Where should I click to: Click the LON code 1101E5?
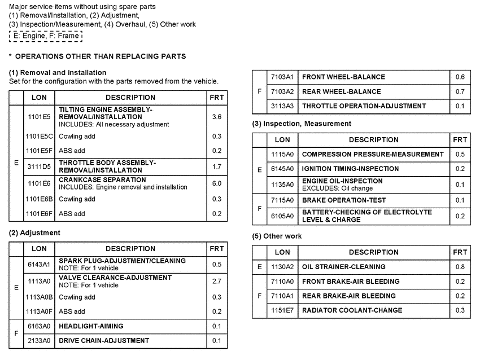[x=39, y=117]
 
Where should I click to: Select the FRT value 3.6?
[x=216, y=117]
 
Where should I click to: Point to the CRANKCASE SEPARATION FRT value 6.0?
[x=216, y=183]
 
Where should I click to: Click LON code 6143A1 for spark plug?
[x=39, y=264]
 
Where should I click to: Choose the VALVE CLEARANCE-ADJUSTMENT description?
[x=115, y=278]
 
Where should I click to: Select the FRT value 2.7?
[x=216, y=281]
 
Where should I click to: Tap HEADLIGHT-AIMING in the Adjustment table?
[x=91, y=326]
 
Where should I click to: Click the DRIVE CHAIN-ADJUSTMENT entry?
[x=104, y=341]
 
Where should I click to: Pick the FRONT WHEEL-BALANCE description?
[x=343, y=77]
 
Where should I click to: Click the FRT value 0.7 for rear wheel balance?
[x=460, y=91]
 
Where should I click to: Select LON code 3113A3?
[x=282, y=106]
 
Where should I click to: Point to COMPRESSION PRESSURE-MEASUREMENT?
[x=373, y=154]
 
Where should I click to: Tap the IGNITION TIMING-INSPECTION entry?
[x=359, y=169]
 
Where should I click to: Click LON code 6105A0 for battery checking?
[x=282, y=216]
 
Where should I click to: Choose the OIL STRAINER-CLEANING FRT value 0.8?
[x=460, y=267]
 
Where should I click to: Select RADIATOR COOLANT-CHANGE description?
[x=352, y=310]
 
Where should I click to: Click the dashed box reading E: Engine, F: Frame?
[x=46, y=36]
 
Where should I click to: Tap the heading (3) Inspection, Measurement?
[x=302, y=124]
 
